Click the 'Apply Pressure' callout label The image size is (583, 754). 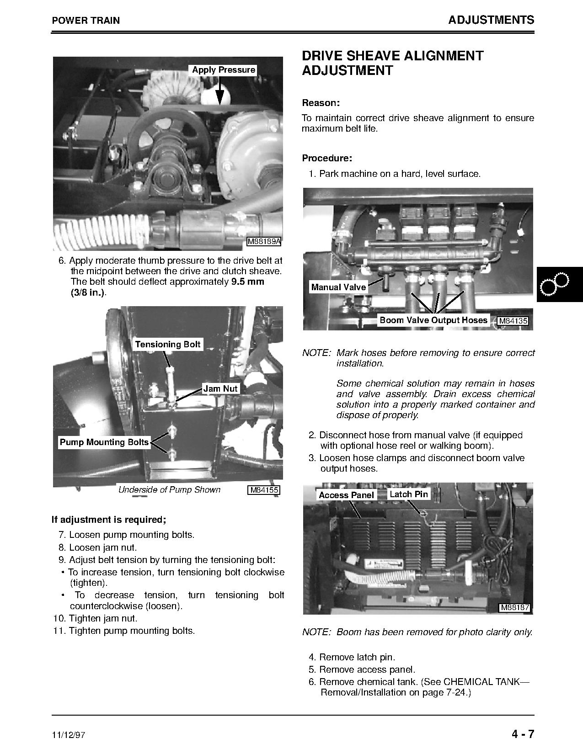point(223,70)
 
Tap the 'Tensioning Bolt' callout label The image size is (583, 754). point(168,345)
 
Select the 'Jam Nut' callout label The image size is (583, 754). point(220,388)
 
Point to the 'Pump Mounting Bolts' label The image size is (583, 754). point(104,442)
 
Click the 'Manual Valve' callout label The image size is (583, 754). point(338,287)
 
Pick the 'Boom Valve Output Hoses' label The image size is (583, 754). point(433,320)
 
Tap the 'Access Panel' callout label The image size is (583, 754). point(346,495)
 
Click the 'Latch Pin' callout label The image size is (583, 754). point(409,494)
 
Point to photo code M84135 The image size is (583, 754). point(513,321)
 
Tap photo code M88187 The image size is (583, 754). point(515,608)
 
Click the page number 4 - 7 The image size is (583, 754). point(523,734)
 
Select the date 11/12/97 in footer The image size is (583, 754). point(69,736)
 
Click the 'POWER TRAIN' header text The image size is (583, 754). point(86,21)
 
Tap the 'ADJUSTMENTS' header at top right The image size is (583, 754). point(491,20)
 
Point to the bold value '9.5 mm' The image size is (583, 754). point(247,281)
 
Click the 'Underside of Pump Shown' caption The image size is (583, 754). point(169,490)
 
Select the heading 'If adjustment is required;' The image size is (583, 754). point(109,520)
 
